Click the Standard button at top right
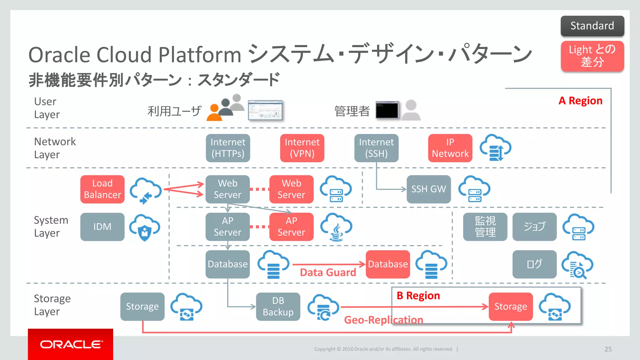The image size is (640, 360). pos(592,26)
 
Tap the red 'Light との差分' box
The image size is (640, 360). pos(592,56)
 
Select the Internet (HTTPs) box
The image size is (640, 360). pos(228,148)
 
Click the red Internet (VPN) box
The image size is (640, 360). pos(302,148)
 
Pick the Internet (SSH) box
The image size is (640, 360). pos(376,148)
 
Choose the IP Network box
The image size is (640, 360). pos(450,148)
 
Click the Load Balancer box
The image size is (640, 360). pos(102,189)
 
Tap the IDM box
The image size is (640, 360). pos(102,227)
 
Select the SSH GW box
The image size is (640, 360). pos(428,189)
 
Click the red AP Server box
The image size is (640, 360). pos(291,227)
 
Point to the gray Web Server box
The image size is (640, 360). pos(227,189)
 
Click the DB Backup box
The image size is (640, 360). pos(278,307)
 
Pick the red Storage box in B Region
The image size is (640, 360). pos(511,307)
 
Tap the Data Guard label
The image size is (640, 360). pos(328,272)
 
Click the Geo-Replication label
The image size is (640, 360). pos(383,320)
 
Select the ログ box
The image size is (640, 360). pos(534,264)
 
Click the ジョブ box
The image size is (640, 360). pos(534,227)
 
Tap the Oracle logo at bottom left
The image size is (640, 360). pos(71,344)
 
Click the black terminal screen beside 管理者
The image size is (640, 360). pos(387,110)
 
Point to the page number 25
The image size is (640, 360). pos(608,349)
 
